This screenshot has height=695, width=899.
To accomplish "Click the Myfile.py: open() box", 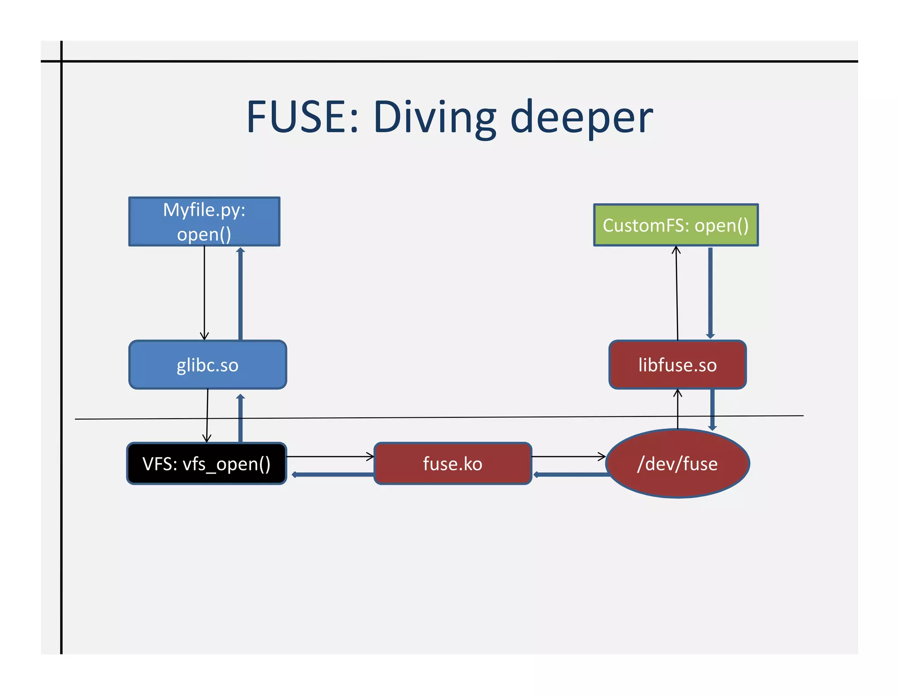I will click(204, 221).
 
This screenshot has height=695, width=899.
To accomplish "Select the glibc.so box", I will click(207, 365).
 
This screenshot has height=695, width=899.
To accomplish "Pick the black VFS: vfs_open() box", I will click(206, 464).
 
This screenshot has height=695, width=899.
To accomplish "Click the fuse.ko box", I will click(453, 464).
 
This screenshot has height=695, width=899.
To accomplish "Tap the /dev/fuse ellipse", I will click(677, 464).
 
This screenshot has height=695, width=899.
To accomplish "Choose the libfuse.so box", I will click(677, 365).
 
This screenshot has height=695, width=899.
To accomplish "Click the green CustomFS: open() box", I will click(676, 225).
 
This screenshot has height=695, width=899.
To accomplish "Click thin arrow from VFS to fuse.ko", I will click(329, 457).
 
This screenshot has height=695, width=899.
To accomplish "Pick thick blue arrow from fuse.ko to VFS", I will click(334, 474).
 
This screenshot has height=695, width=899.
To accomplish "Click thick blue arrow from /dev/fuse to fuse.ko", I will click(571, 474).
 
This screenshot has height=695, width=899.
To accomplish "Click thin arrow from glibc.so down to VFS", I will click(207, 415).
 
